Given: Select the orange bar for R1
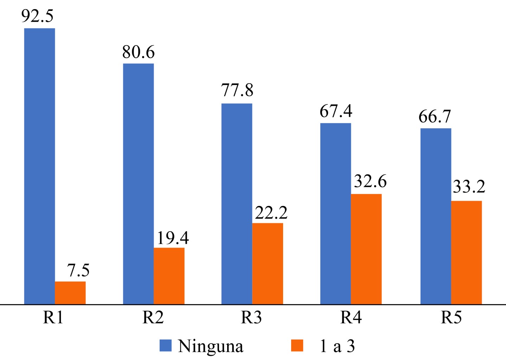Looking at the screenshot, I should [70, 292].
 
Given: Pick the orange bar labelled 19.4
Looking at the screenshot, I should [169, 276].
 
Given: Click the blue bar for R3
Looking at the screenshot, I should [237, 204].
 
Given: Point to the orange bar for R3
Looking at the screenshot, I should [267, 263].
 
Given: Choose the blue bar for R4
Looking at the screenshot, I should [335, 213].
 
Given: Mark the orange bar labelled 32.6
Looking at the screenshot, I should [366, 249].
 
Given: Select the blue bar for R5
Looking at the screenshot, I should [436, 216].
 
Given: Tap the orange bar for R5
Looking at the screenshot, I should [466, 252].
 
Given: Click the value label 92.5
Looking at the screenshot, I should [37, 16].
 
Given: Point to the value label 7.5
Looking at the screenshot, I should [78, 270].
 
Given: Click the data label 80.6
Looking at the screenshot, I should [138, 52].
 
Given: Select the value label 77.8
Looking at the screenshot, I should [237, 90].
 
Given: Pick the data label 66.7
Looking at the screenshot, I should [435, 116].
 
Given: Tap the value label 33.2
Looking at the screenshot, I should [469, 187].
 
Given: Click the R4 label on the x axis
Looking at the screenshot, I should [351, 317].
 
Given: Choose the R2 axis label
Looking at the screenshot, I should [153, 317].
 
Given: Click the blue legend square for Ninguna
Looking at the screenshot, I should [165, 346].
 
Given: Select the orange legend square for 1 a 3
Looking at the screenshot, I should [297, 346].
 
